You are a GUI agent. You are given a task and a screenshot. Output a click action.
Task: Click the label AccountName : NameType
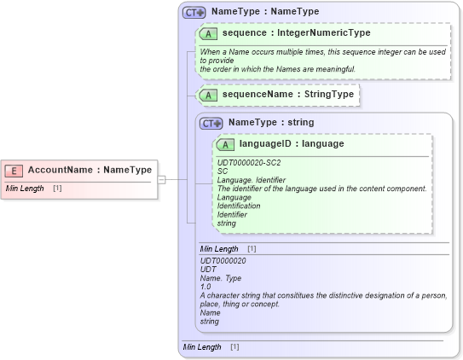[90, 170]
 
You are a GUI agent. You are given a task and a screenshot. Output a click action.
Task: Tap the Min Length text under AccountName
[25, 188]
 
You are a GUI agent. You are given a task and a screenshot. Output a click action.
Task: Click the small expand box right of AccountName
[161, 179]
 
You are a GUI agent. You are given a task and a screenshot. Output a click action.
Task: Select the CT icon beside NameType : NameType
[194, 12]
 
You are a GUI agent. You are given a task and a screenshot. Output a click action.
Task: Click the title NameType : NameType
[265, 12]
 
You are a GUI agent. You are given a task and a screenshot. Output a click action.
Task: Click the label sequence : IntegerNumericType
[291, 32]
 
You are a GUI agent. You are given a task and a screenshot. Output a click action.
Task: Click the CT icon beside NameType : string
[211, 123]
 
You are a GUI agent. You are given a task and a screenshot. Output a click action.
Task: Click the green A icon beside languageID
[226, 144]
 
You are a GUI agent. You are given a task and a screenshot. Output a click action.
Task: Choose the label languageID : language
[292, 144]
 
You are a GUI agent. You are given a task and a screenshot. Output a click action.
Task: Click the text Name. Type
[222, 278]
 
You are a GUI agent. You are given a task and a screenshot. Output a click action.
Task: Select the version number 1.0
[205, 287]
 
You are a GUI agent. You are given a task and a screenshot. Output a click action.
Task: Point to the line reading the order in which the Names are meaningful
[277, 68]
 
